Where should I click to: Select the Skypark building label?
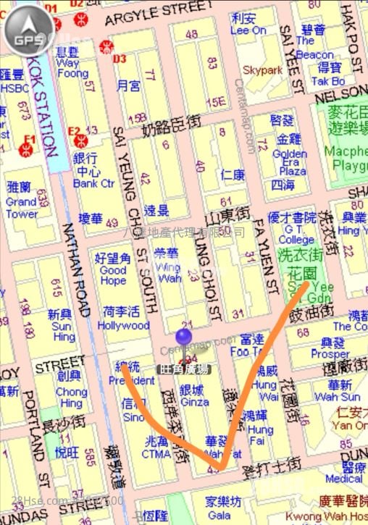click(x=262, y=70)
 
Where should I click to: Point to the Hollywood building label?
click(x=123, y=326)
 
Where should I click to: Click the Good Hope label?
click(x=113, y=275)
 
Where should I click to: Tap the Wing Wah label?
click(x=168, y=272)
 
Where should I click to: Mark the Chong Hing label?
click(x=71, y=397)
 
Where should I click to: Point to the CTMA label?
click(x=157, y=454)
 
